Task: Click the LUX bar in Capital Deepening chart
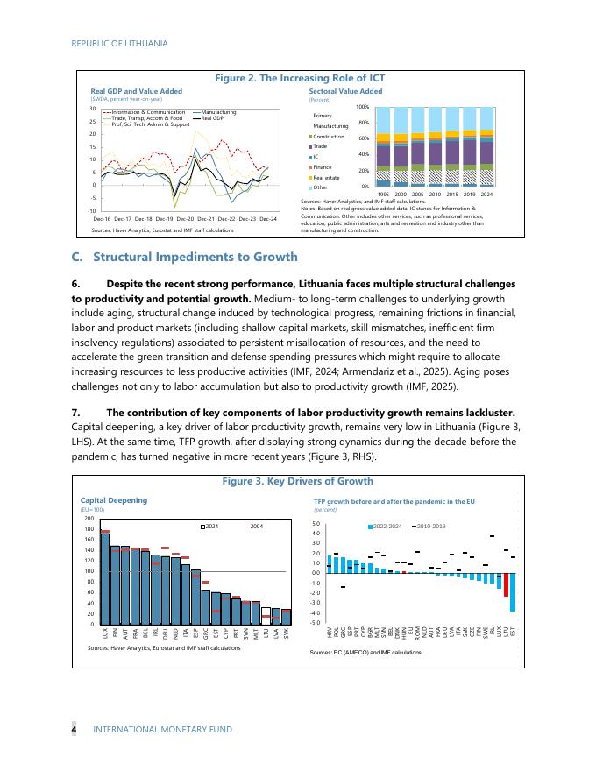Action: (105, 578)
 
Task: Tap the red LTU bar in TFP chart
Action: (506, 584)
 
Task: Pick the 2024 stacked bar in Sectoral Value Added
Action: (486, 147)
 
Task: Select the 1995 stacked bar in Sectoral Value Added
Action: (383, 147)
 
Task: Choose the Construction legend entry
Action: (329, 137)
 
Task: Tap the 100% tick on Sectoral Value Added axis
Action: (362, 107)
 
